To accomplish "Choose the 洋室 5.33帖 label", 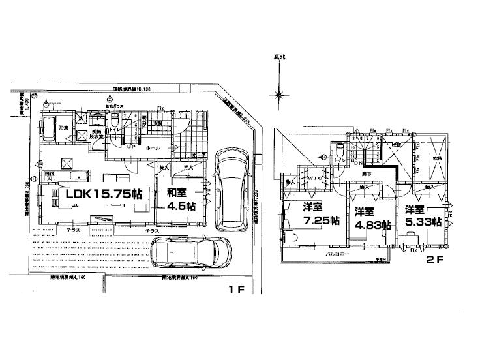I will [422, 216].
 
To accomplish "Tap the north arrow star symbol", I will [278, 95].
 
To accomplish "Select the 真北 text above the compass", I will [278, 58].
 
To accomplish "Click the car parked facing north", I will [232, 188].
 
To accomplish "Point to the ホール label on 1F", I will [154, 148].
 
